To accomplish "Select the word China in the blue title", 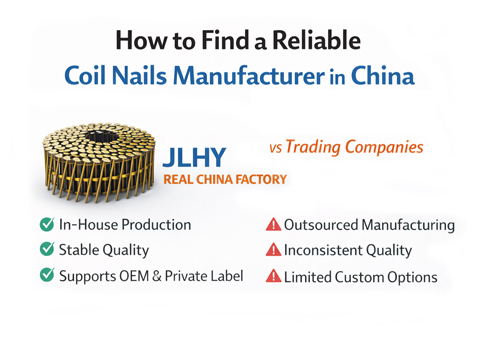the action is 383,76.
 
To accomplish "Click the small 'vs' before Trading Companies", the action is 275,148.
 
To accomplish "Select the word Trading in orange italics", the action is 314,147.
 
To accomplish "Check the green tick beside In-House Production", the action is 47,224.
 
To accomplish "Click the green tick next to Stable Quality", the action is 47,249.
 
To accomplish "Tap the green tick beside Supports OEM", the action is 47,275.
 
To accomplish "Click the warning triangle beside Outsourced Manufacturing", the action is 273,224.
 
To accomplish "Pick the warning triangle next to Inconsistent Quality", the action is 273,250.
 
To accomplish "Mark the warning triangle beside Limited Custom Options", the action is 273,276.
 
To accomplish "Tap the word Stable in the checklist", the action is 81,249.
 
